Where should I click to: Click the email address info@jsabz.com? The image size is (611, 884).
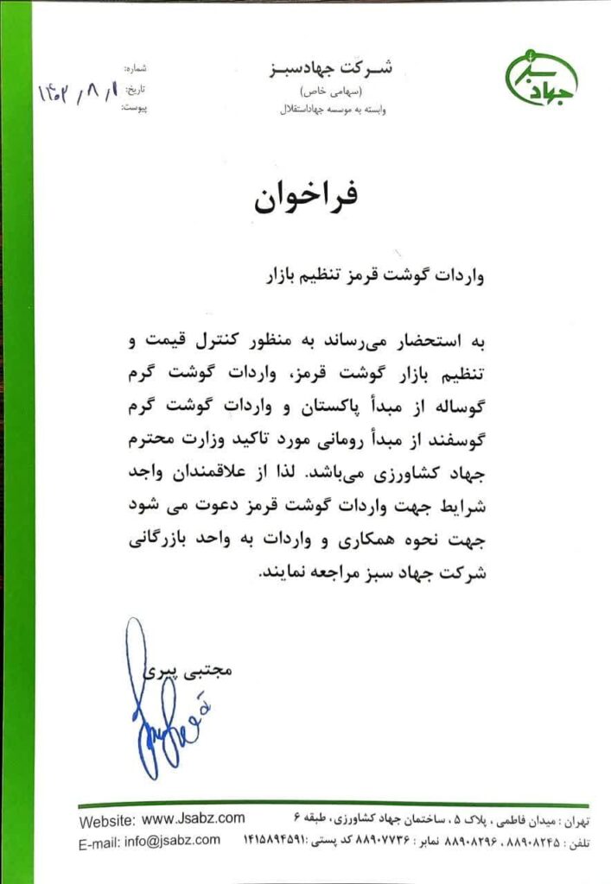(x=172, y=840)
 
